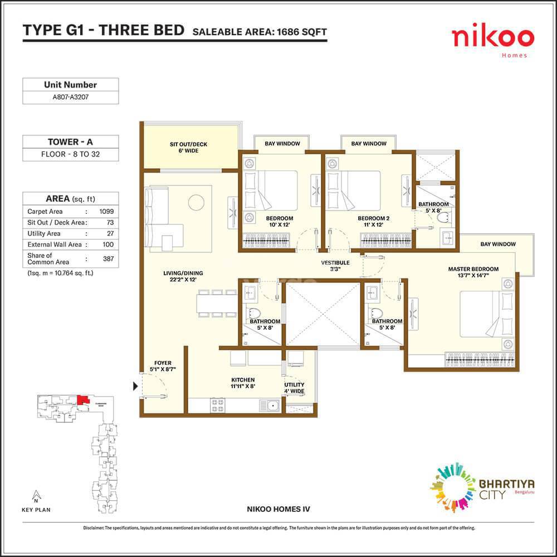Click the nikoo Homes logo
(x=492, y=41)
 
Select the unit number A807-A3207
(x=70, y=97)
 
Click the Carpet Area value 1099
(x=106, y=212)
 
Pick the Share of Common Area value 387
(x=108, y=259)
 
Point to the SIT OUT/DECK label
(x=188, y=148)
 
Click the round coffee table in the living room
(x=196, y=202)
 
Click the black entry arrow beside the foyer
(x=135, y=385)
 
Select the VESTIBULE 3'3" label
(x=335, y=266)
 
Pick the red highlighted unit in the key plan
(x=82, y=399)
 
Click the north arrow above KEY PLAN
(x=36, y=495)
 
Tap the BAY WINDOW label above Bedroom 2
(x=368, y=144)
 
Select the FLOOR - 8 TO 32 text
(x=70, y=155)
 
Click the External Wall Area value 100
(x=108, y=245)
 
